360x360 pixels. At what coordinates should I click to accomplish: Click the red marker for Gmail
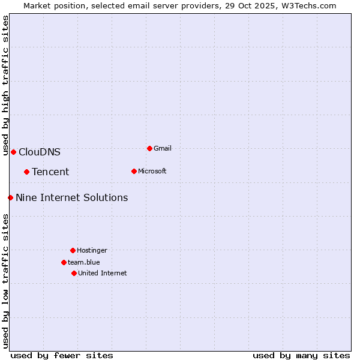coord(149,148)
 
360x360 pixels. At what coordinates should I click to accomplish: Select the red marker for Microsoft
coord(134,171)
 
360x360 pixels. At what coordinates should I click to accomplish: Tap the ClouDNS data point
coord(13,152)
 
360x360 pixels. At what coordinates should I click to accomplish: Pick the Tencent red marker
coord(26,172)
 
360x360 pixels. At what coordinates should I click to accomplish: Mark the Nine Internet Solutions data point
coord(10,197)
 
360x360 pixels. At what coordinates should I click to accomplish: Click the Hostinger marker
coord(73,250)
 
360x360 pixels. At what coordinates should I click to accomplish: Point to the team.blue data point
coord(64,262)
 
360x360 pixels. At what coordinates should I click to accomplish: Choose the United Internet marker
coord(74,273)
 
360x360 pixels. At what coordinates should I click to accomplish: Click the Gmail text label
coord(163,148)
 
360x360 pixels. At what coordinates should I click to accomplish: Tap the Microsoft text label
coord(152,171)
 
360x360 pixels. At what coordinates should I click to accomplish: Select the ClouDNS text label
coord(40,152)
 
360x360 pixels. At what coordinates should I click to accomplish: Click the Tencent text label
coord(50,172)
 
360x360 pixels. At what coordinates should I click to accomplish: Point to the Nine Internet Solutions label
coord(72,197)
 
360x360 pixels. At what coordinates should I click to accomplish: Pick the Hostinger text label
coord(92,250)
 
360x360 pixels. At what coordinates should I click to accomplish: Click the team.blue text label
coord(84,262)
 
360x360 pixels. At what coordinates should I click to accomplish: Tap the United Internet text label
coord(103,273)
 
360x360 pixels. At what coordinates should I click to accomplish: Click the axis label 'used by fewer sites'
coord(62,355)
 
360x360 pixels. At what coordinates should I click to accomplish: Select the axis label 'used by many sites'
coord(301,355)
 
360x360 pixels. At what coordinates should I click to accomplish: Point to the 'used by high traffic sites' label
coord(5,86)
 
